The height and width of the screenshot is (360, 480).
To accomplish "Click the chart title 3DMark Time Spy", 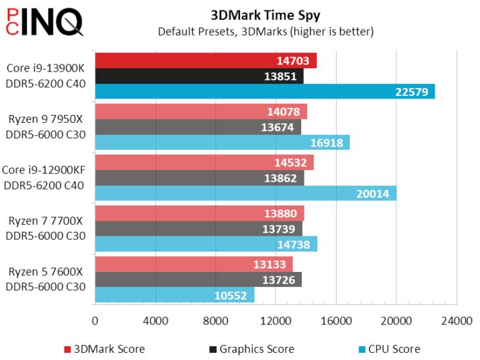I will [265, 14].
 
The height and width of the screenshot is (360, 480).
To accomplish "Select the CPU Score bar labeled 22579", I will [264, 91].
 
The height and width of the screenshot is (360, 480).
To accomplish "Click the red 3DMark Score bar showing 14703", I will [205, 60].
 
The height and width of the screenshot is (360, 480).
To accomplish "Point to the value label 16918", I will [327, 143].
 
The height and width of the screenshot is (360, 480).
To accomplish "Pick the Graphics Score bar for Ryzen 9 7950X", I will [197, 127].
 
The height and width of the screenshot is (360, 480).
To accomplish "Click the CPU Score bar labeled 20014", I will [245, 193].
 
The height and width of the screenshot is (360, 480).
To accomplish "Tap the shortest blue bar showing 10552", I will [174, 295].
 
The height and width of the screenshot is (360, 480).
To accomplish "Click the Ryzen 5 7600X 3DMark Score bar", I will [193, 264].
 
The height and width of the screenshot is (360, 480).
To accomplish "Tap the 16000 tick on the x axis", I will [336, 321].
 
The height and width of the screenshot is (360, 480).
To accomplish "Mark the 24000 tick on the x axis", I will [456, 321].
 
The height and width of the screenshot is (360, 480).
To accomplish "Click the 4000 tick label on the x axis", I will [155, 321].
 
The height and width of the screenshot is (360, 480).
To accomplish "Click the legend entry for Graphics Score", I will [251, 349].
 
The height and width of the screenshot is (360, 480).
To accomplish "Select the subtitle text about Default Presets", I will [265, 31].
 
